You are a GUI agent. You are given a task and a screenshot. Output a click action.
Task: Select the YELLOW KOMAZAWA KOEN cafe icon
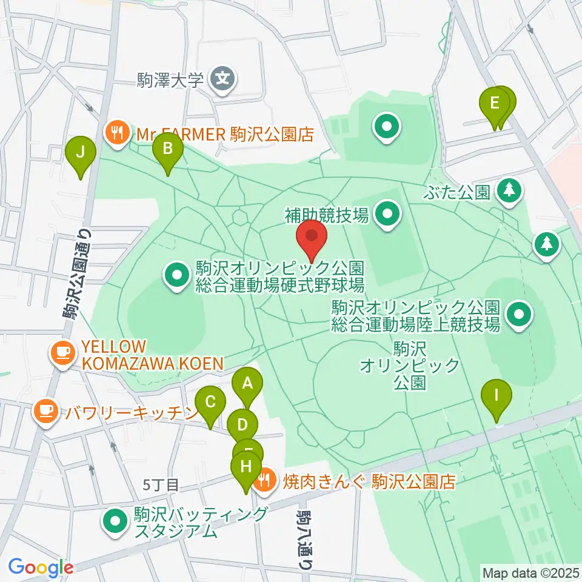click(x=63, y=354)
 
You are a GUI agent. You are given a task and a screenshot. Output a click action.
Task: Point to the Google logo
click(x=41, y=567)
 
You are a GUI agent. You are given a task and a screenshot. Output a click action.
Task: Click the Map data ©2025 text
click(x=531, y=572)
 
